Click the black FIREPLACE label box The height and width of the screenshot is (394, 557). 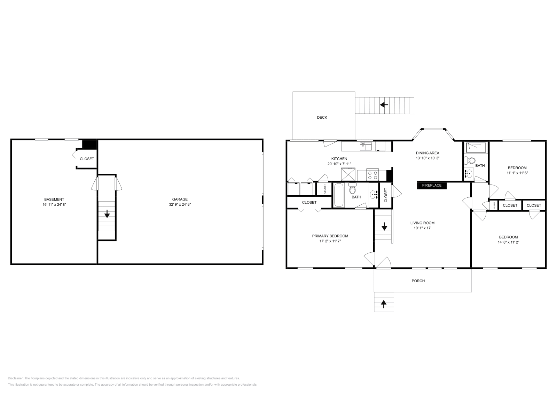tap(432, 186)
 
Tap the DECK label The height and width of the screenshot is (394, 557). tap(322, 118)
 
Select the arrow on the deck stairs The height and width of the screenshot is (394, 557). tap(384, 104)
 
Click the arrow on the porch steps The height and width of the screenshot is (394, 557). tap(384, 304)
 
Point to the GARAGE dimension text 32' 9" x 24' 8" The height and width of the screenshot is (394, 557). tap(180, 205)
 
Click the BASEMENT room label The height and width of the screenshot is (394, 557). tap(54, 199)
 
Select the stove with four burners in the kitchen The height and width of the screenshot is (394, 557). tap(372, 174)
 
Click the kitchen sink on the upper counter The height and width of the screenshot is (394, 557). tap(366, 146)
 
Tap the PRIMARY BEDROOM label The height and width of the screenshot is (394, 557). tap(330, 236)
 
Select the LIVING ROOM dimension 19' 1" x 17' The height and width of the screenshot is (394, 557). tap(422, 228)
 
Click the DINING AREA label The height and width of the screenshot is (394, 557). tap(427, 153)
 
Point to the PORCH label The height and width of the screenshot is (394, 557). tap(418, 281)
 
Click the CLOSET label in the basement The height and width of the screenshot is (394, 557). tap(87, 159)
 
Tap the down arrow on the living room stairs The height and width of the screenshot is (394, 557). tap(384, 227)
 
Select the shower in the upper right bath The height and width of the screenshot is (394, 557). tap(475, 147)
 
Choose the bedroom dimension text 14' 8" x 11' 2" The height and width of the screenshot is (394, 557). tap(508, 242)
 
